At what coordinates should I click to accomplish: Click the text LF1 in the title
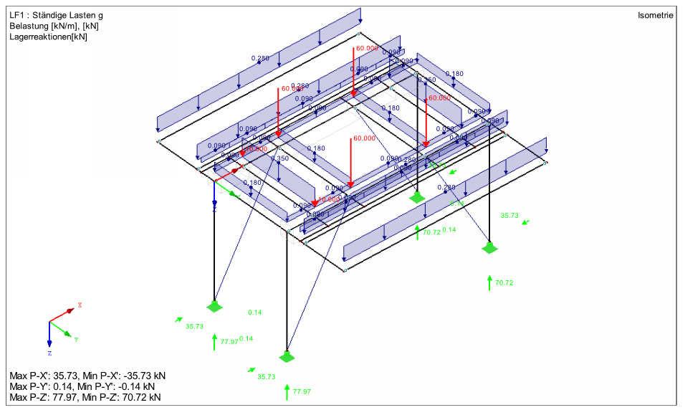click(x=17, y=14)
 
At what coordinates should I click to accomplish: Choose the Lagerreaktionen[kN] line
click(x=49, y=37)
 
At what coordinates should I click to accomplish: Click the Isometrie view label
click(x=655, y=14)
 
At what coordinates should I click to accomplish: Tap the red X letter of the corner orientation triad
click(x=80, y=305)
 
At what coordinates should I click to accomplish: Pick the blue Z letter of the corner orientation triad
click(x=49, y=353)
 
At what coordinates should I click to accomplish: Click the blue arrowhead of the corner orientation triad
click(x=49, y=343)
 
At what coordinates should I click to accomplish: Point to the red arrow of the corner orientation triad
click(x=62, y=314)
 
